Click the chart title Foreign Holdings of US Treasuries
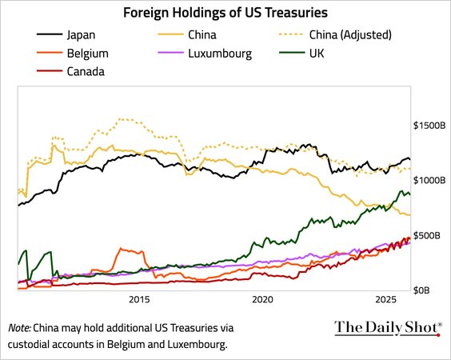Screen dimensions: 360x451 coord(225,13)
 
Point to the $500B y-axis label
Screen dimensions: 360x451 coord(428,235)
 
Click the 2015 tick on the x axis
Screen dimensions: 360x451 coord(139,300)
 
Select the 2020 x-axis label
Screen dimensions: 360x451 coord(262,300)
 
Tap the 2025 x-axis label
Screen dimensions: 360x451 coord(386,300)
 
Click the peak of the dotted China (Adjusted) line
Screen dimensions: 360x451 coord(121,119)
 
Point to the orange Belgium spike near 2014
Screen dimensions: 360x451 coord(120,249)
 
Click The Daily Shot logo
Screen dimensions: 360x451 coord(387,327)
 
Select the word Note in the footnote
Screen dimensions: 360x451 coord(18,328)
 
